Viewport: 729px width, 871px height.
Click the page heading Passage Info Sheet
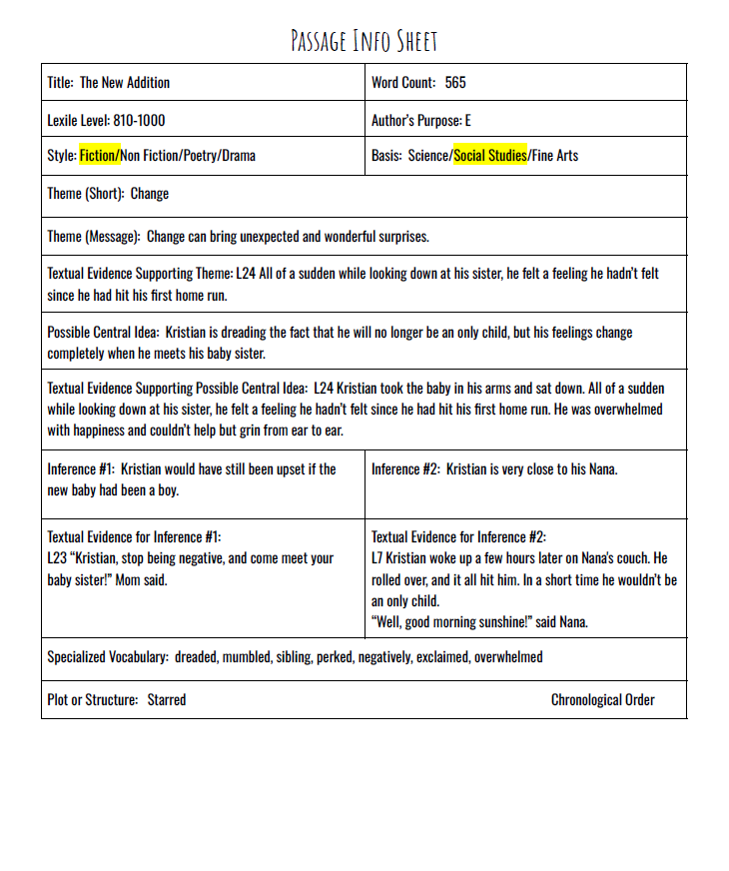coord(364,40)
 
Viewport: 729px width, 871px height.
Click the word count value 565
coord(455,83)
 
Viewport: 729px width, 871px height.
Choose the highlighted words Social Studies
coord(490,156)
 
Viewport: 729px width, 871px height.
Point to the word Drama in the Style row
coord(239,156)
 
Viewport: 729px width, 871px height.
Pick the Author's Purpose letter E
coord(467,121)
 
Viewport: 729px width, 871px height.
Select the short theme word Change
coord(150,194)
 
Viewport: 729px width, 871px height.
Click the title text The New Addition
coord(125,83)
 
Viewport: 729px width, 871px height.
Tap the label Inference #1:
coord(80,468)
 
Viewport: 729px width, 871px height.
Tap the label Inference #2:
coord(404,468)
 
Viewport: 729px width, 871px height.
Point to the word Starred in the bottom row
coord(167,700)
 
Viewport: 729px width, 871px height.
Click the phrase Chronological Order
coord(602,700)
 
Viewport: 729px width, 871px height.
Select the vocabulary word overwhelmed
coord(508,657)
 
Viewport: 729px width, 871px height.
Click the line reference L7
coord(377,557)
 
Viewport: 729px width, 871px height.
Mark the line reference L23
coord(57,557)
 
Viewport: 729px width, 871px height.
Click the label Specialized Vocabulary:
coord(107,657)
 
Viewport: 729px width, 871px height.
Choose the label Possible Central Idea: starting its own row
coord(103,332)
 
